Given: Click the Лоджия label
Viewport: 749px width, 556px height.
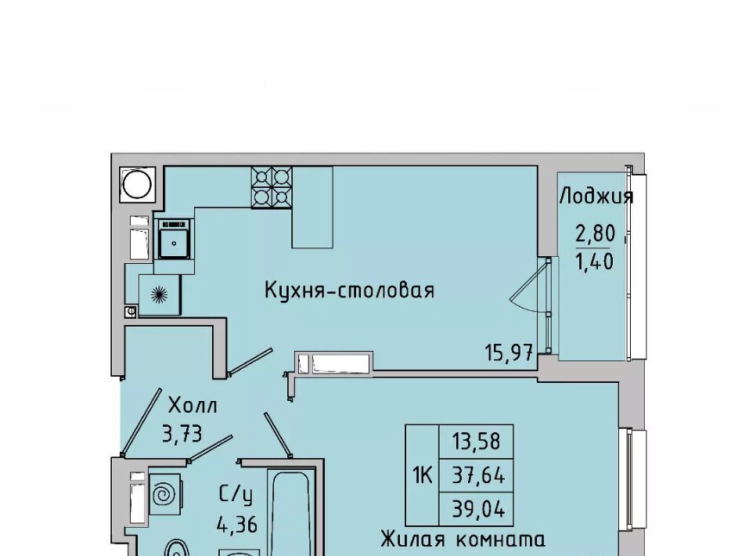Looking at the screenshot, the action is click(596, 196).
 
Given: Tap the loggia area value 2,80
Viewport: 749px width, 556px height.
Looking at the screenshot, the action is click(595, 234).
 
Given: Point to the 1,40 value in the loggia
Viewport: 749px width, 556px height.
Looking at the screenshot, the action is click(595, 262).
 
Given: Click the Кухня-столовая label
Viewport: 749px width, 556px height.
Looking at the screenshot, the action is click(350, 291).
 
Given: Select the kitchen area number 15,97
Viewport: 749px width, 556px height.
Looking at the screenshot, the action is click(510, 353).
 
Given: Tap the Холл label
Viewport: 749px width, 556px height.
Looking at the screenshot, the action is click(193, 406).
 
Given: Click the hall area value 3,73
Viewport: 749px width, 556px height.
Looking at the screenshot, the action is click(182, 434).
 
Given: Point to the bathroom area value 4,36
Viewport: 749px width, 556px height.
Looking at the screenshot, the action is click(237, 525).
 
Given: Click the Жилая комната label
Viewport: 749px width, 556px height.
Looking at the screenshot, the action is click(463, 540).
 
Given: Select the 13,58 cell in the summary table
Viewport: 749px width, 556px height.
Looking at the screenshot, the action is click(477, 441).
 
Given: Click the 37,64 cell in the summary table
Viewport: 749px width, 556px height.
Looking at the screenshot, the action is click(477, 475).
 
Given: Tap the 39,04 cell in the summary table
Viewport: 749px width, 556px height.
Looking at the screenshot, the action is click(477, 509).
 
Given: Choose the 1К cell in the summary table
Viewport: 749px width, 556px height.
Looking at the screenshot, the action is click(423, 475).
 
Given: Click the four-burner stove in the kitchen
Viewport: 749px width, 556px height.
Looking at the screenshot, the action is click(272, 187).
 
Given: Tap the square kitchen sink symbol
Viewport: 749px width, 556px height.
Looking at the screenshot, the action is click(175, 239).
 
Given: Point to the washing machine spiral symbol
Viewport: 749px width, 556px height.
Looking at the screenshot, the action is click(165, 494).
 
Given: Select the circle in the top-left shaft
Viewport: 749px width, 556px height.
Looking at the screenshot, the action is click(138, 184).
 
